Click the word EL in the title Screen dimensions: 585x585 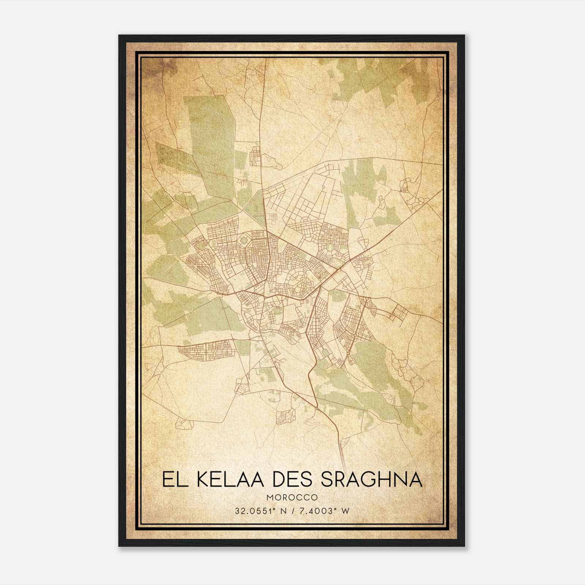(x=171, y=479)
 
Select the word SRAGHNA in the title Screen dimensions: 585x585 (x=371, y=479)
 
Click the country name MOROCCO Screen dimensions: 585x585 (x=292, y=498)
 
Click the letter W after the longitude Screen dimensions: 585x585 (x=345, y=511)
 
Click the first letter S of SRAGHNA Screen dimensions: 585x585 (x=328, y=479)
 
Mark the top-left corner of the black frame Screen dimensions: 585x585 (x=119, y=35)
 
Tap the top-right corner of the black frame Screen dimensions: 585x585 (x=464, y=35)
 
